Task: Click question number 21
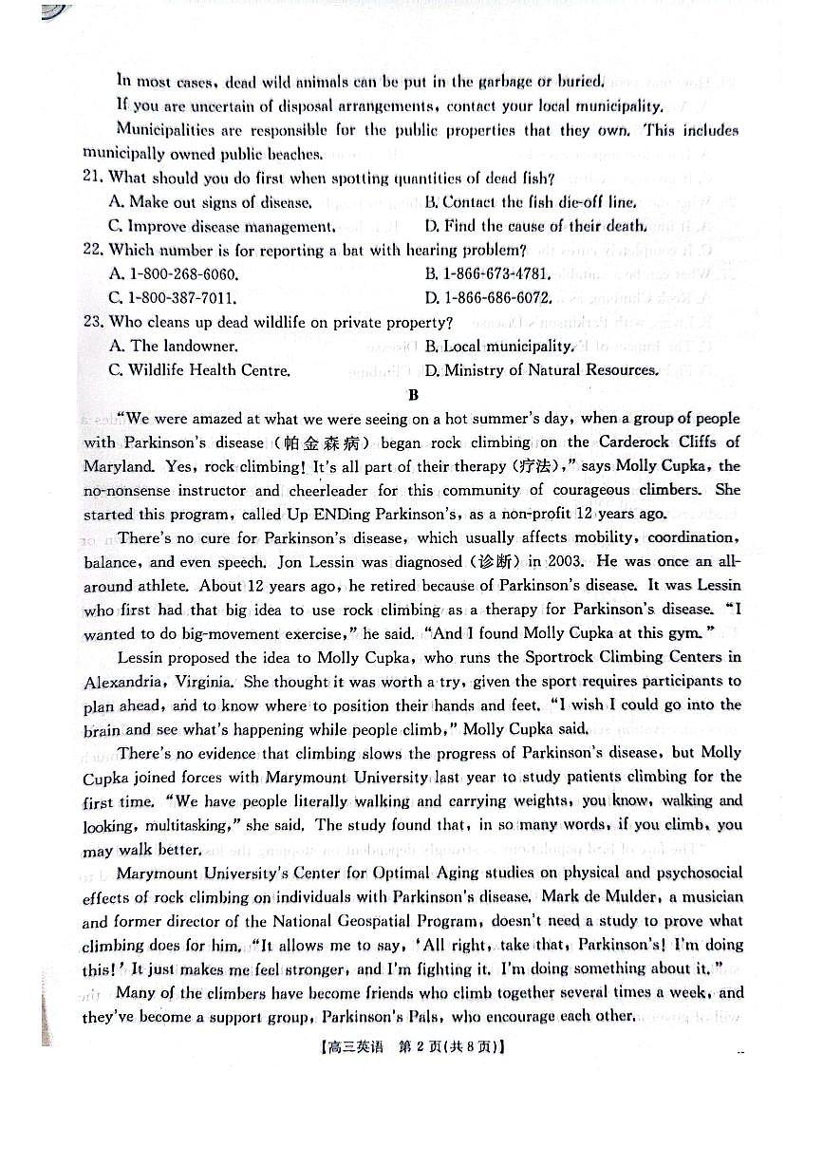93,178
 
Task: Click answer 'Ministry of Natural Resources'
550,370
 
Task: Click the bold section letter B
412,394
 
